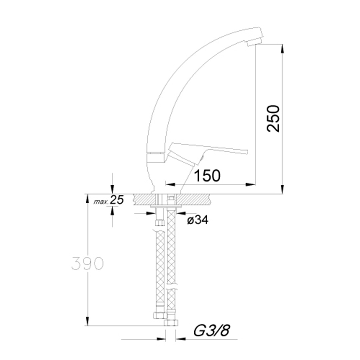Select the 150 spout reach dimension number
pos(207,176)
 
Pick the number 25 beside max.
pos(117,200)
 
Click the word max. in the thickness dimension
pos(100,202)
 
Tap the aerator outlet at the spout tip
pos(254,42)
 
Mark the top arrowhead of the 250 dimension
pos(282,48)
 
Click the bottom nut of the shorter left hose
pos(160,315)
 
